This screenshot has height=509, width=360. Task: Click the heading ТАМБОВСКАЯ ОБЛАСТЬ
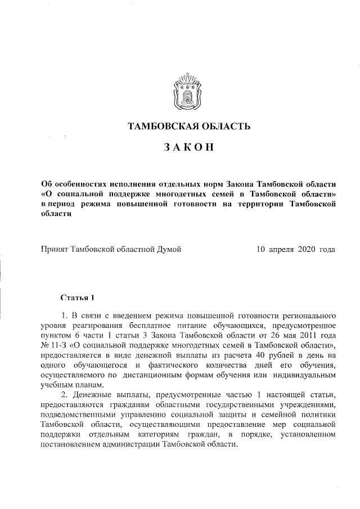click(x=189, y=126)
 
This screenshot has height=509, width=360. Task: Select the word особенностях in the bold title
click(x=82, y=184)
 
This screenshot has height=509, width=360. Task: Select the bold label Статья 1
click(x=79, y=296)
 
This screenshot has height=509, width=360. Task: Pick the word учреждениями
click(x=307, y=405)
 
